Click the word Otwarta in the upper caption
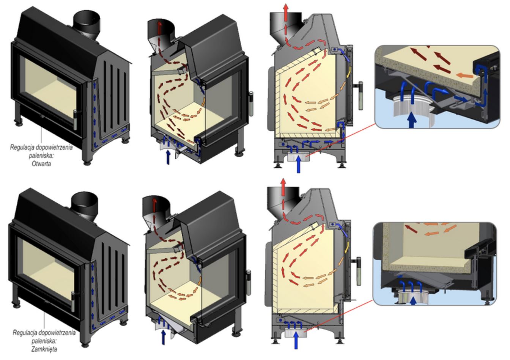[41, 163]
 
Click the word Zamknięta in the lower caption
[44, 349]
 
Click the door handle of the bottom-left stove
[73, 301]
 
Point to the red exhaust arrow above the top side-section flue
[286, 13]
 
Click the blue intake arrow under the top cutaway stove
[168, 157]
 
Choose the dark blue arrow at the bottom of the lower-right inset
[414, 301]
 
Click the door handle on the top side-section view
[360, 96]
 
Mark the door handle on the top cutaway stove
[251, 104]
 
